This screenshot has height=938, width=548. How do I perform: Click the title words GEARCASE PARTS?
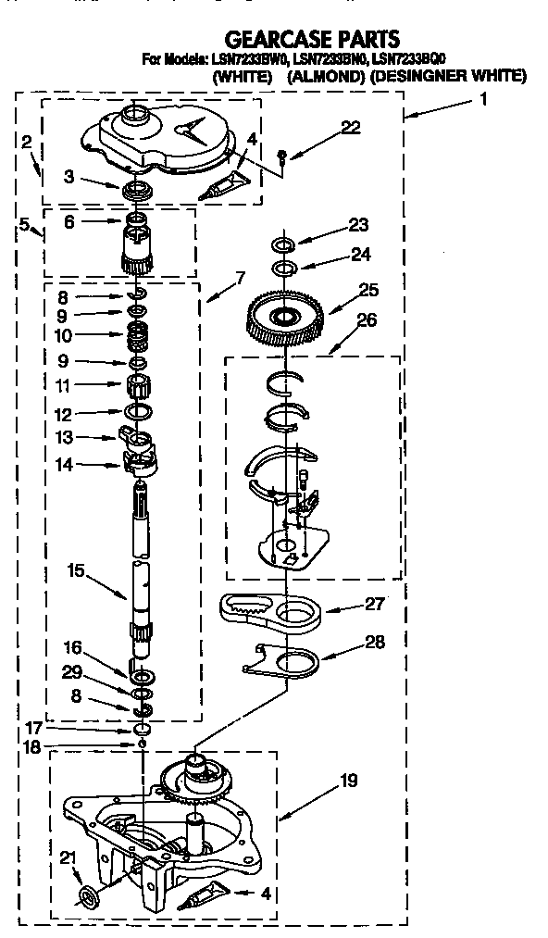click(x=312, y=40)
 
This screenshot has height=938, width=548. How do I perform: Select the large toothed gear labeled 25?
click(x=285, y=319)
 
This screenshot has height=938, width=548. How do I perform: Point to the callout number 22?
click(x=351, y=127)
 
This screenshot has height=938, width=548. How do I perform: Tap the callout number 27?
click(x=374, y=605)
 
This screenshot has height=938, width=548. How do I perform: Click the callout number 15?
click(x=76, y=570)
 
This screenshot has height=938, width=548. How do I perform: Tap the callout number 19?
click(x=349, y=781)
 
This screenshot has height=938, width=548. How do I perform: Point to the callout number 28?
click(x=376, y=643)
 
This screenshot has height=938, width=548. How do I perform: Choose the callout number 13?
click(x=64, y=437)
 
